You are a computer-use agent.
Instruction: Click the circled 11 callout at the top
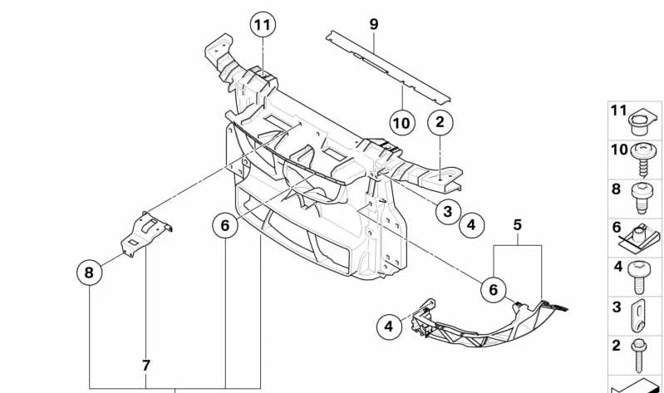tap(263, 25)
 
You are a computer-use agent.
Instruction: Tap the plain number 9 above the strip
tap(373, 24)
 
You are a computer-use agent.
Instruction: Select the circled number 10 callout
tap(402, 123)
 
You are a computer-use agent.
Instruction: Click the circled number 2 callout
tap(440, 122)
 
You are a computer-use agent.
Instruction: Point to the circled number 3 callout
tap(448, 211)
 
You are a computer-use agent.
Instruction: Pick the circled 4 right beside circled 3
tap(472, 224)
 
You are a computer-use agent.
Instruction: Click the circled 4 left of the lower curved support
tap(389, 327)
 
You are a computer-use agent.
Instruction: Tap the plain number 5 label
tap(518, 225)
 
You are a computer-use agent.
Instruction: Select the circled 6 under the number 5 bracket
tap(494, 290)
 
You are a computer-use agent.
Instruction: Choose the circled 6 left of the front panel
tap(225, 225)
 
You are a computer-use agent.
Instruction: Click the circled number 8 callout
tap(89, 272)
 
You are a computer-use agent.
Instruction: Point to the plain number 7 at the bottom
tap(145, 365)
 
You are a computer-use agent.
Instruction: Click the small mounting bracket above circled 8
tap(145, 233)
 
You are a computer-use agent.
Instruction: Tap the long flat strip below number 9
tap(388, 67)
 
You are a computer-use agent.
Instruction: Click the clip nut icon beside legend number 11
tap(642, 122)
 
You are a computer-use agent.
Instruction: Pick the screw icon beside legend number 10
tap(643, 159)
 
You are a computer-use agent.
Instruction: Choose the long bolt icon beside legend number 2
tap(639, 356)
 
